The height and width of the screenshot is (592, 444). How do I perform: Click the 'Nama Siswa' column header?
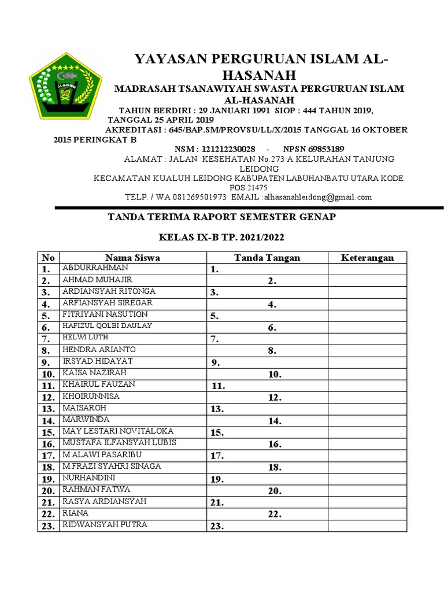[132, 258]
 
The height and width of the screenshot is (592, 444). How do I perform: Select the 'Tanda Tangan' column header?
[267, 258]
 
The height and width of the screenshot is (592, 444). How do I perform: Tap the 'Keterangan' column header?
[367, 258]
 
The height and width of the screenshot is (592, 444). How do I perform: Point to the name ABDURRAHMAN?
[95, 268]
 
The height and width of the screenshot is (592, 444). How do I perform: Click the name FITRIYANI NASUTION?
[105, 314]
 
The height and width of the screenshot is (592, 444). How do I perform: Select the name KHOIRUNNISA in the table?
[91, 397]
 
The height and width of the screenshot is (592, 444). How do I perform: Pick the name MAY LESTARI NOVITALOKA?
[118, 431]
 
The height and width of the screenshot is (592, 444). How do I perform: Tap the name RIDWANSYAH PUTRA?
[105, 525]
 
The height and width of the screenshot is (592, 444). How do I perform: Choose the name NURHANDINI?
[89, 478]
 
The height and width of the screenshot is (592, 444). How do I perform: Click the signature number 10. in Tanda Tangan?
[275, 375]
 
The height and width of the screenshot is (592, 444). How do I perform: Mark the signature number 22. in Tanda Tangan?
[275, 515]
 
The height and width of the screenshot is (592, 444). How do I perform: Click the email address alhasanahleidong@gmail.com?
[317, 197]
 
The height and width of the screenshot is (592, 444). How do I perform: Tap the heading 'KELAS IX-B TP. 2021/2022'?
[221, 238]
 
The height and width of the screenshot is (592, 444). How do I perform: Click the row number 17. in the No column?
[47, 456]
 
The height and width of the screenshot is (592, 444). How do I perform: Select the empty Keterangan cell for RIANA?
[367, 514]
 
